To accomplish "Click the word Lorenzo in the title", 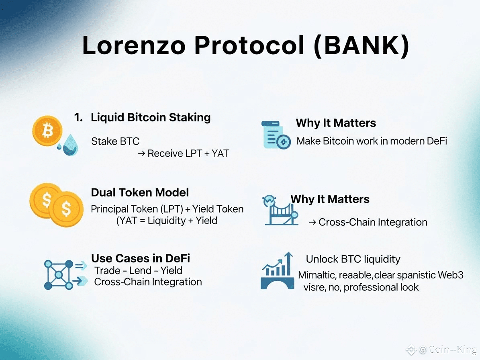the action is (x=134, y=45).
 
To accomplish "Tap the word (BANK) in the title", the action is (x=362, y=46).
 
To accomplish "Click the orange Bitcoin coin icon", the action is (x=47, y=131).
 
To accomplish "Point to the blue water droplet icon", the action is (x=70, y=145).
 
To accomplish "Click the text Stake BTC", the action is (x=115, y=141).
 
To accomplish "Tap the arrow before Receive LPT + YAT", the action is (x=141, y=153).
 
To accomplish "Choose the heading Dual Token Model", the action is (x=140, y=192).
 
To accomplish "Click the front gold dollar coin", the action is (x=66, y=209).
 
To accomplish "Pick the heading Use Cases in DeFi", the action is (x=141, y=258).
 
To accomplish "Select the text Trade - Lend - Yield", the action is (x=138, y=270).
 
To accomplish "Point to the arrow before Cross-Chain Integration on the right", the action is (x=312, y=222).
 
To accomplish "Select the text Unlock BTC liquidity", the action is (x=353, y=259).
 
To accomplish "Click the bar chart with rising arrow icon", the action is (x=277, y=271).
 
